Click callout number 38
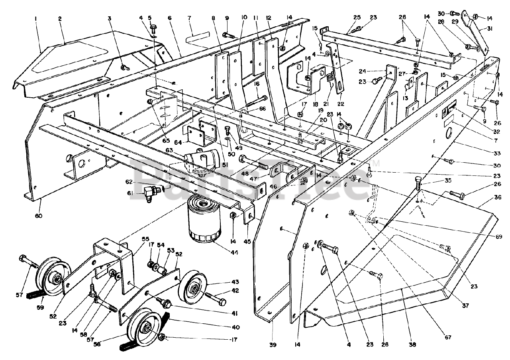pos(413,344)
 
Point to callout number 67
pos(448,337)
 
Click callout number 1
pos(35,18)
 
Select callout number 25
pos(357,18)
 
